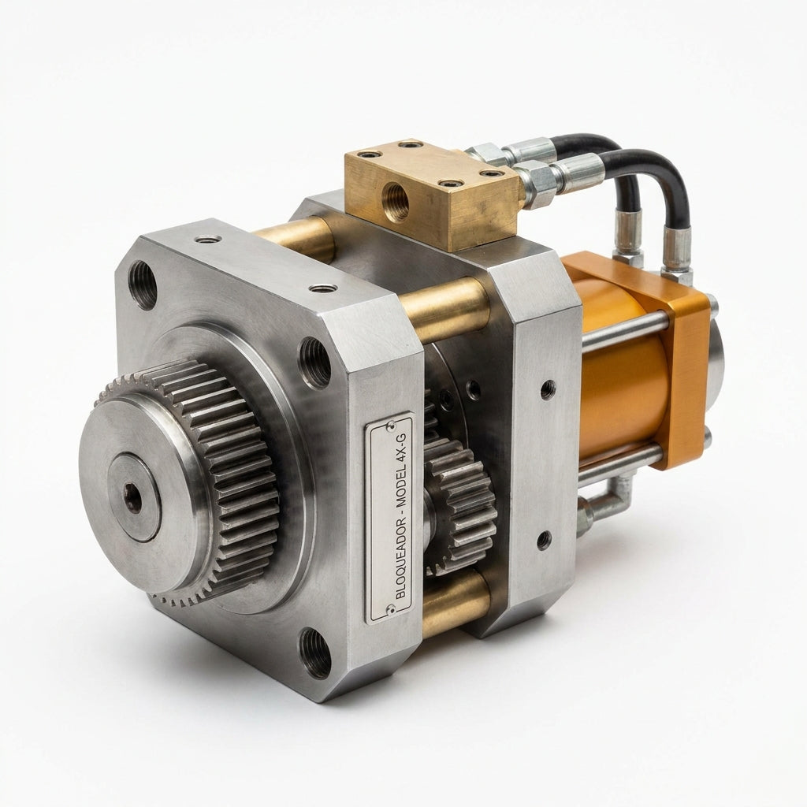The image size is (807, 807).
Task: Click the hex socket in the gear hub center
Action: click(x=133, y=498)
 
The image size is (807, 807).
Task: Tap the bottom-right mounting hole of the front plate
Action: click(x=315, y=653)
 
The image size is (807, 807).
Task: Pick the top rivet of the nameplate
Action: click(x=390, y=425)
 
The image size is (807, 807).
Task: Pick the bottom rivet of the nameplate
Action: click(x=390, y=609)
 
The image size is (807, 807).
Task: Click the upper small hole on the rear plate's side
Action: click(x=547, y=389)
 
